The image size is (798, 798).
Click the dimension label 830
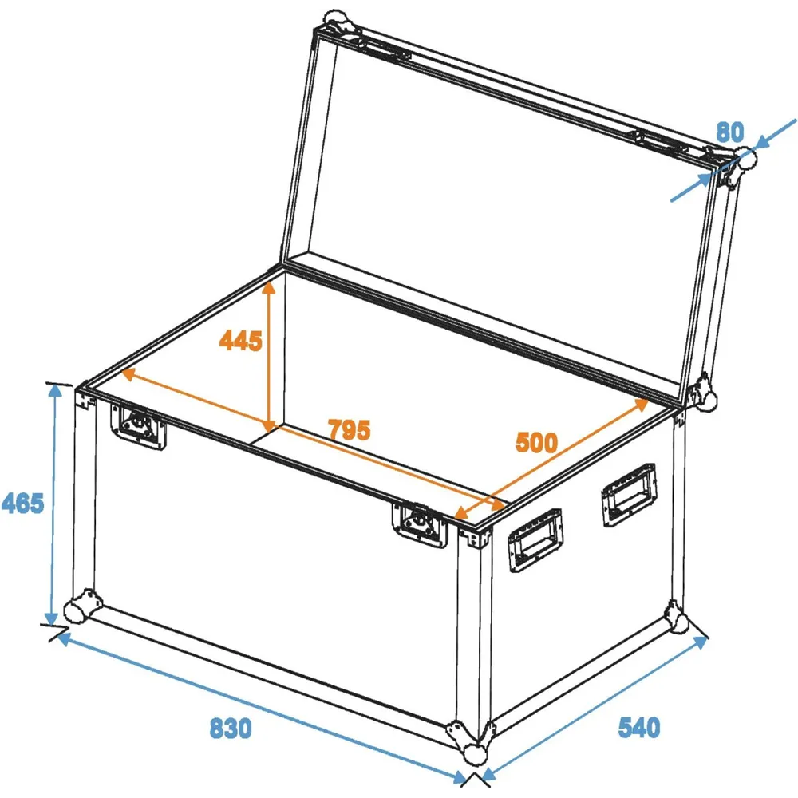[231, 729]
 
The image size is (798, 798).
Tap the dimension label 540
[638, 727]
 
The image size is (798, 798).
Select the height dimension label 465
[22, 504]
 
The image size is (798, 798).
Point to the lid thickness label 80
[730, 132]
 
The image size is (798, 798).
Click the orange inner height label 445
[241, 341]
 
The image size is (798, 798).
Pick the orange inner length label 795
[350, 430]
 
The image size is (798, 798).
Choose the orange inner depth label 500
[536, 442]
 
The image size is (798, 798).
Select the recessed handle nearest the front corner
[535, 540]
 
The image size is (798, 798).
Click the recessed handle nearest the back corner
[629, 495]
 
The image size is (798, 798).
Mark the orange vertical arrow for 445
[269, 356]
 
